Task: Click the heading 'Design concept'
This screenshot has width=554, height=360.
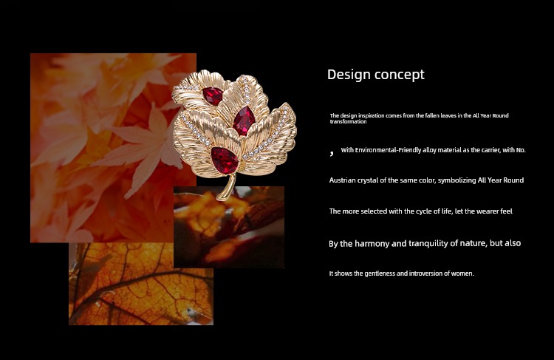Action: tap(375, 75)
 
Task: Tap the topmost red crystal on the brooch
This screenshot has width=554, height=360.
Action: tap(213, 95)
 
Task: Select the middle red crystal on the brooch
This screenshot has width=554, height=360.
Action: tap(244, 121)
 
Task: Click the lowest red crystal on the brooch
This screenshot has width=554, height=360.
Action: tap(225, 160)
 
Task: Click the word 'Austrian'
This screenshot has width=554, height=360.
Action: tap(342, 180)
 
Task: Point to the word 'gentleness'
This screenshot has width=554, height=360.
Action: tap(380, 274)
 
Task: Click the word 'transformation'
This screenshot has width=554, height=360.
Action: tap(348, 122)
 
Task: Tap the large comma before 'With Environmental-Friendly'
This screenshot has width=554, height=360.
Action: tap(332, 153)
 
